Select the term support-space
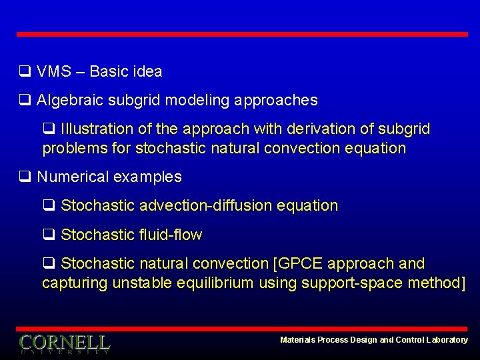(x=344, y=283)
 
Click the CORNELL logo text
(x=65, y=343)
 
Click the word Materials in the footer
(x=297, y=340)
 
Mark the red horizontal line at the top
(x=241, y=34)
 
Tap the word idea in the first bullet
(x=147, y=71)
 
